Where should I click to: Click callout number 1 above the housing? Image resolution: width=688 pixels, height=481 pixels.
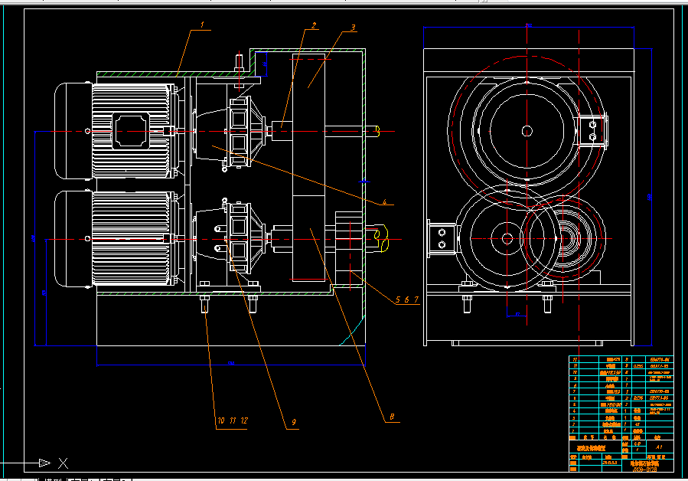pos(203,25)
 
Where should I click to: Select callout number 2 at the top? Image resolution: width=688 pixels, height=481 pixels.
pos(313,25)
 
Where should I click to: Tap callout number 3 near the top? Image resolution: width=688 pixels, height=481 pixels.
pos(353,28)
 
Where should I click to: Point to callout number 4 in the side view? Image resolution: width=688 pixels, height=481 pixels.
pos(387,202)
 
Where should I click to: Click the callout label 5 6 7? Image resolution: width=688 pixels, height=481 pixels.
pos(407,299)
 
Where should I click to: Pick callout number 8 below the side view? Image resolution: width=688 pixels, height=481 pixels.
pos(392,417)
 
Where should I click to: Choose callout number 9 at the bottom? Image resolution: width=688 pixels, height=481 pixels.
pos(292,421)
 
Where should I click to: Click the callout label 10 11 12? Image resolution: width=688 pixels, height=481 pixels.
pos(232,420)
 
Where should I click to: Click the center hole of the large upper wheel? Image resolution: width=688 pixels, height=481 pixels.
pos(527,131)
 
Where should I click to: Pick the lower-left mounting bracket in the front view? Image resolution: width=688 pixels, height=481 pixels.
pos(442,237)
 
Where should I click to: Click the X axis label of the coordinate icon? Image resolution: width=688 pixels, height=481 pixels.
pos(64,463)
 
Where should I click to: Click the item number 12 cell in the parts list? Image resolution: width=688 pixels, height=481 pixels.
pos(575,359)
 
